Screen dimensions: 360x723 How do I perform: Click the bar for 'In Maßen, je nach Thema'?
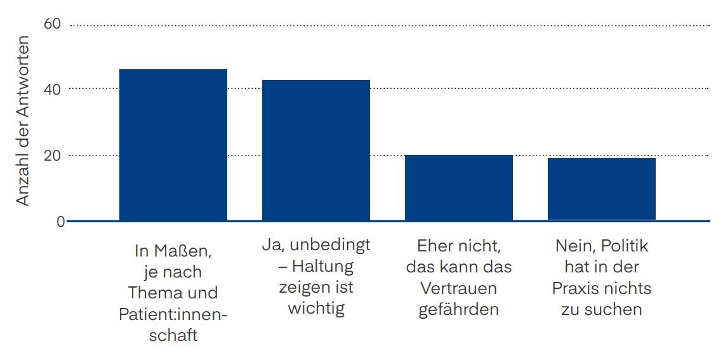click(173, 145)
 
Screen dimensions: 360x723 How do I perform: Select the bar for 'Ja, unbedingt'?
click(315, 150)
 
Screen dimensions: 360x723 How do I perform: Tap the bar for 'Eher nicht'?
click(458, 187)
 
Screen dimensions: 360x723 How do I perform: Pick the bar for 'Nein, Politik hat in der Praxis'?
click(601, 189)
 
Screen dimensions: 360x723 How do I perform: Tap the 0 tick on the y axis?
click(60, 222)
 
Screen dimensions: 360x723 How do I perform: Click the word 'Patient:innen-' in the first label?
click(173, 314)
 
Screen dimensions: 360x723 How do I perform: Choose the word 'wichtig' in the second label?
click(315, 308)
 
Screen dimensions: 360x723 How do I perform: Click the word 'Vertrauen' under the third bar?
click(458, 288)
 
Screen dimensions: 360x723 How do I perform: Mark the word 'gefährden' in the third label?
click(458, 309)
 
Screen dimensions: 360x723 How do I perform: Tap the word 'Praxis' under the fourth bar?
click(574, 288)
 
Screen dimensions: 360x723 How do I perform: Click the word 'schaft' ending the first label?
click(173, 335)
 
